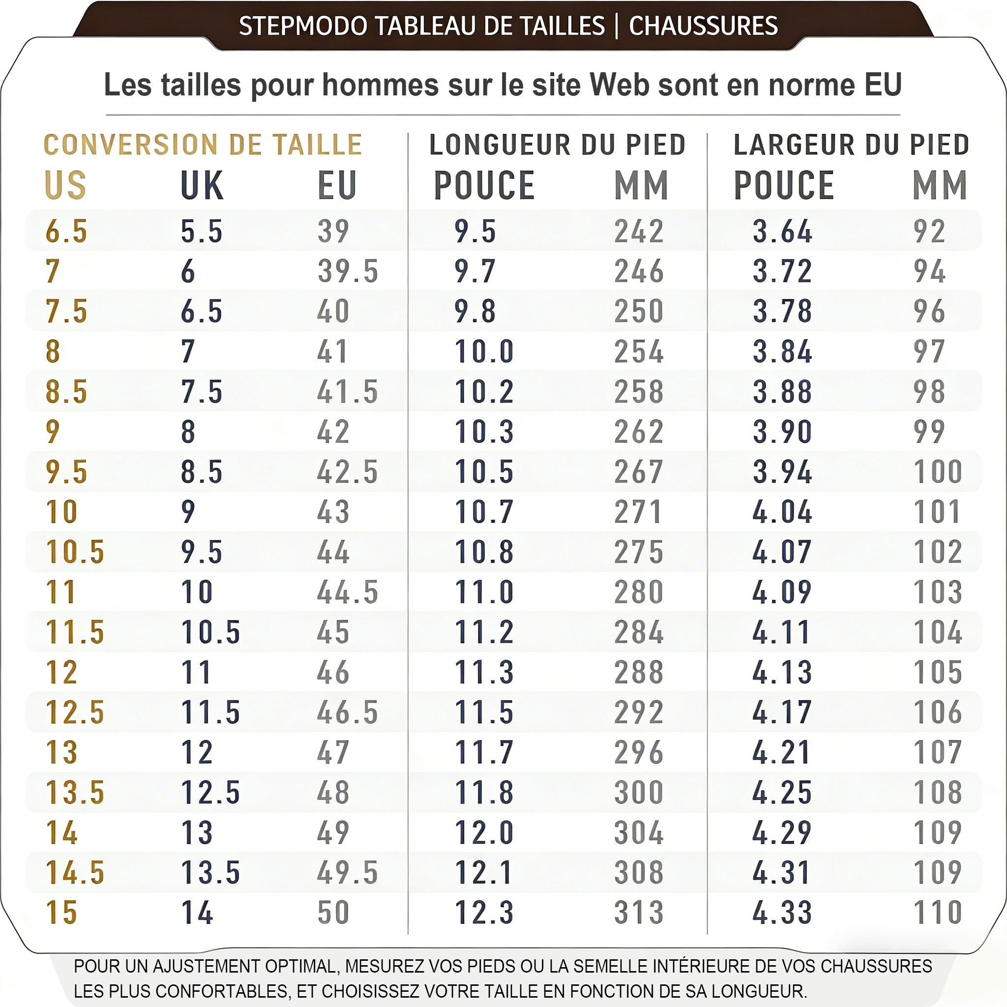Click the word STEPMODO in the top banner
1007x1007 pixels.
[303, 26]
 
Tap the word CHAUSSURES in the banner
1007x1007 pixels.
[703, 26]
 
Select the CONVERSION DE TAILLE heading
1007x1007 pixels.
[203, 145]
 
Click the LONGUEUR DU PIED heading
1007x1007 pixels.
[557, 145]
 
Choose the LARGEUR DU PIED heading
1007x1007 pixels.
[851, 145]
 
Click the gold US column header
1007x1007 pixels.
[66, 185]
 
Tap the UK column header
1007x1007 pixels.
[202, 185]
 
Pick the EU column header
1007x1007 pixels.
[337, 185]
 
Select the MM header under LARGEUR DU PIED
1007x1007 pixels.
[940, 185]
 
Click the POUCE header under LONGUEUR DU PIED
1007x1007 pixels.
[484, 185]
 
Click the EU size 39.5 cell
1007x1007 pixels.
[348, 271]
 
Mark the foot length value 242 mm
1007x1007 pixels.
[639, 232]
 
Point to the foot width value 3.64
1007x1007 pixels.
[782, 232]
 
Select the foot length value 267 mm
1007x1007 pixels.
[639, 472]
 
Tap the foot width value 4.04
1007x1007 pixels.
[782, 512]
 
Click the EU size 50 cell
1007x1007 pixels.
[333, 913]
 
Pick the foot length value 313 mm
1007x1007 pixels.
[639, 913]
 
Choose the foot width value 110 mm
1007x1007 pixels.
[938, 913]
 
